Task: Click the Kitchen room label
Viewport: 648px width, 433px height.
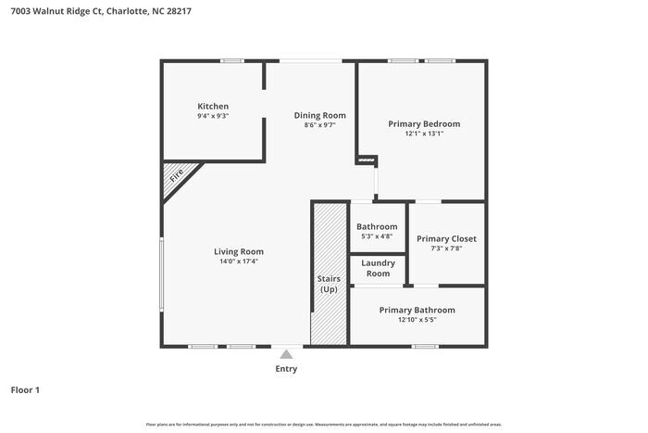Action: coord(213,107)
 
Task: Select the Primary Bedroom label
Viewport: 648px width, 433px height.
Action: coord(424,124)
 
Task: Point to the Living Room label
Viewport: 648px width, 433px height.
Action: coord(239,251)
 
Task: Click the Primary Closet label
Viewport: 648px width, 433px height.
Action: coord(446,238)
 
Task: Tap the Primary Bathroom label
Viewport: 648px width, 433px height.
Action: coord(417,310)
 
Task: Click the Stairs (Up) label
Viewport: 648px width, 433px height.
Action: coord(329,284)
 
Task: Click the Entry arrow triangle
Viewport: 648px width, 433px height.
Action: coord(287,353)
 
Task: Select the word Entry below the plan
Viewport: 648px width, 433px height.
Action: coord(287,369)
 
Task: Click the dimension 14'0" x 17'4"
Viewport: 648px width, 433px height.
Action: coord(239,261)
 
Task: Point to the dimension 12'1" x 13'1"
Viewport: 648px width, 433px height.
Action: coord(424,134)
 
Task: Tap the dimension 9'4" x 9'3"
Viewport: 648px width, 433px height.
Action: coord(213,116)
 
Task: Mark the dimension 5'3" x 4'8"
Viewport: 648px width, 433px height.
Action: coord(377,236)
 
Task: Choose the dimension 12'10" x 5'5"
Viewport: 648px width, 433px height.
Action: coord(417,320)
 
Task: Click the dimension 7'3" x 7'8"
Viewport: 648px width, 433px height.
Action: coord(446,248)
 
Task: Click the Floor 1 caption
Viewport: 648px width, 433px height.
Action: coord(25,390)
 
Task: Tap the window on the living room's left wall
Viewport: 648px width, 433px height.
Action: coord(163,274)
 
